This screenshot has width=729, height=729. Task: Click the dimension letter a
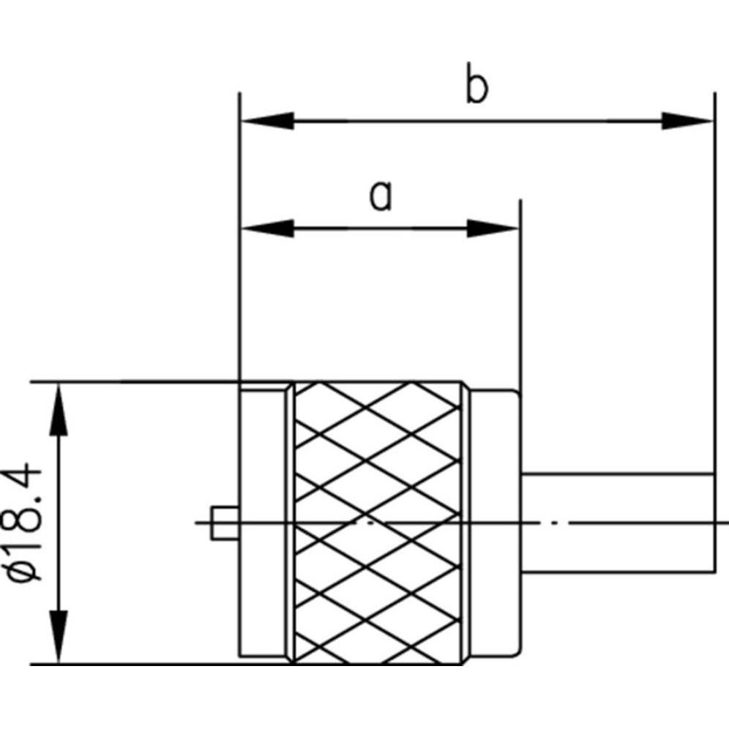click(381, 195)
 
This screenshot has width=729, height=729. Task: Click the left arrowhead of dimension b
click(267, 121)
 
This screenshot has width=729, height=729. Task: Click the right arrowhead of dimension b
click(687, 121)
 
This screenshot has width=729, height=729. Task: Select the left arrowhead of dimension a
click(267, 228)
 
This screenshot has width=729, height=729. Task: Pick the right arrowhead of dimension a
click(493, 228)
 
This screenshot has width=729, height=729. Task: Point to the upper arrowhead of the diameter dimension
click(59, 410)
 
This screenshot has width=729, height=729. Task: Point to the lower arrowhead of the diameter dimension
click(59, 637)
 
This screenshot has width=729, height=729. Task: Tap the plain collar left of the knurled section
click(266, 523)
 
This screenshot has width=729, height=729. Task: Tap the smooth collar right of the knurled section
click(494, 523)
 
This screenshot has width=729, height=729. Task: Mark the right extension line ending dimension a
click(520, 293)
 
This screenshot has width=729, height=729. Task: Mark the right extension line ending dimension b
click(714, 293)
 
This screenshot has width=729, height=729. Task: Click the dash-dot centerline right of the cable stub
click(721, 523)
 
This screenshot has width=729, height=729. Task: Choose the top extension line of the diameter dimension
click(146, 381)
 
